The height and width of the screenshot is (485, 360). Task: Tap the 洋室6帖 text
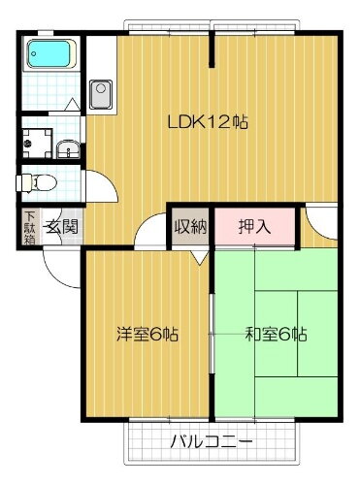tap(147, 336)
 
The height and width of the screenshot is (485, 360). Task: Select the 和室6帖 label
tap(276, 336)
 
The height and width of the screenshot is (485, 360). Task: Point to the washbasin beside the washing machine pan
tap(69, 147)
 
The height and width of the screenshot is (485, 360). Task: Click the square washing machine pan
tap(38, 140)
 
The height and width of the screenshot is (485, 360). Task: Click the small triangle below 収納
tap(200, 257)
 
